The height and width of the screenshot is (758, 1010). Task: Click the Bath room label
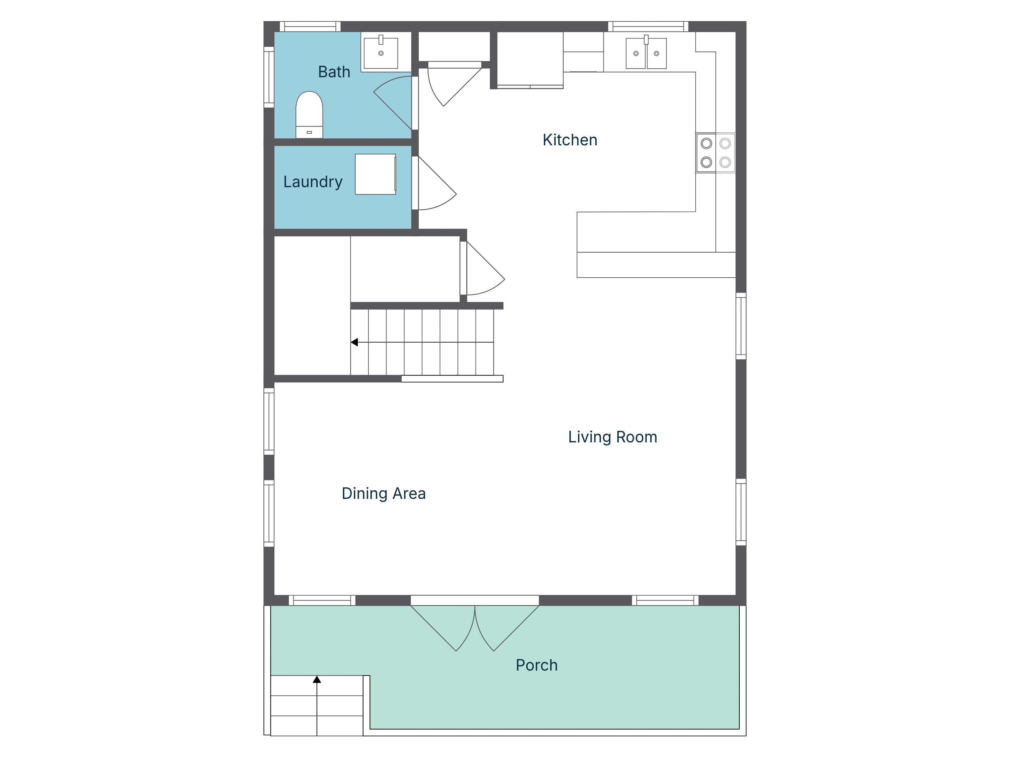coord(334,72)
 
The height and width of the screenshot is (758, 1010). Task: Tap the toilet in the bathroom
coord(309,114)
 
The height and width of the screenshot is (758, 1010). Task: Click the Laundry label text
coord(313,182)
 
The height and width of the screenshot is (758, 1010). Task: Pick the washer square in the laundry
coord(375,174)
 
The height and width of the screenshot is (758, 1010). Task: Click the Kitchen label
coord(569,140)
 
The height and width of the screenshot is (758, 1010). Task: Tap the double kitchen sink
coord(646,53)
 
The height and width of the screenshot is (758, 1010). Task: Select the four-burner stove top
coord(715,153)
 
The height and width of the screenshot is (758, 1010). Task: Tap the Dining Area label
coord(384,494)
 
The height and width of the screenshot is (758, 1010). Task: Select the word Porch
coord(536,665)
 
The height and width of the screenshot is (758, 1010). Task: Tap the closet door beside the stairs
coord(484,272)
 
